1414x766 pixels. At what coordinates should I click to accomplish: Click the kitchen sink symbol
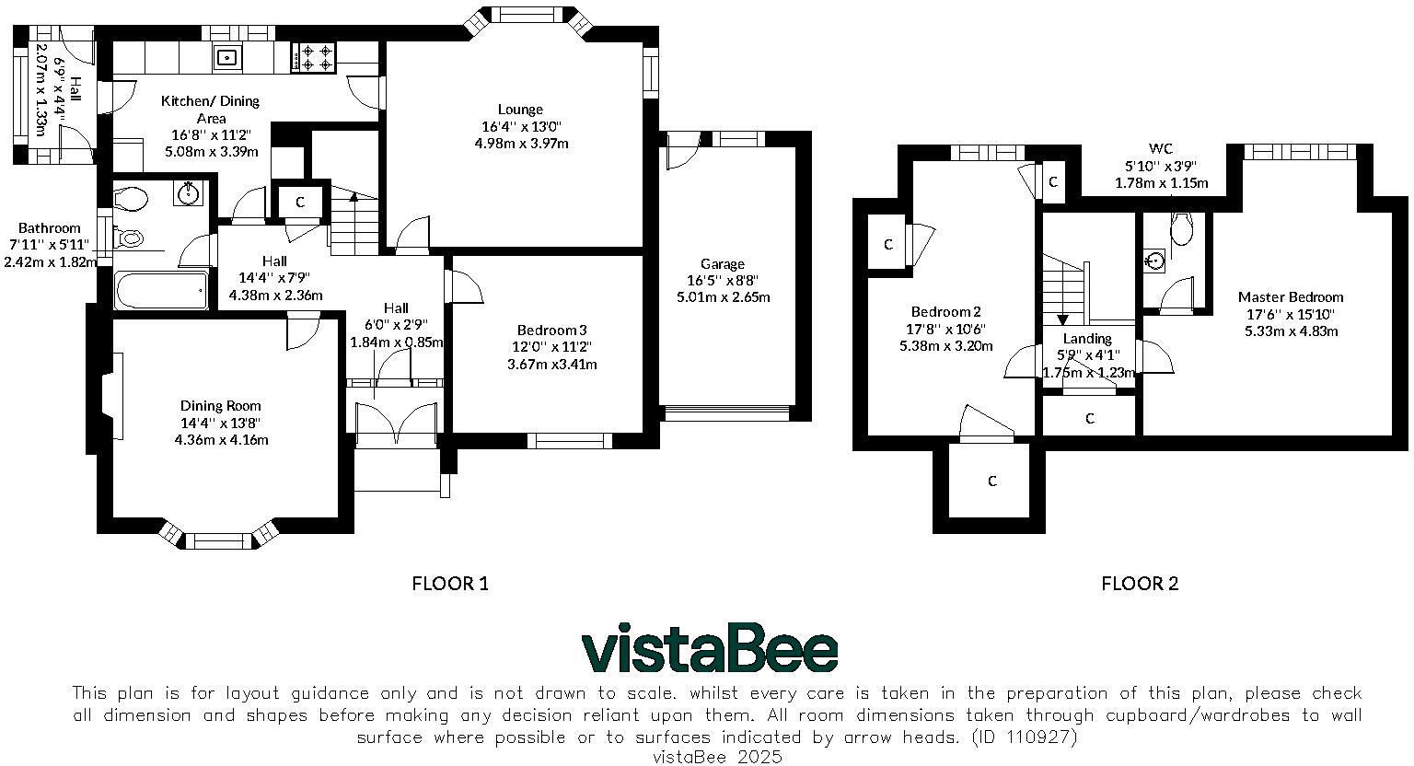tap(226, 58)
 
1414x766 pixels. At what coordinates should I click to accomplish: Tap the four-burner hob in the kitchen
tap(315, 58)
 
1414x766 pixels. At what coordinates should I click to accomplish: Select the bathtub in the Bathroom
tap(160, 292)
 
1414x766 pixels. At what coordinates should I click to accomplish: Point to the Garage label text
tap(722, 264)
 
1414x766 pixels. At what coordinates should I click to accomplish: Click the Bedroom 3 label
tap(551, 331)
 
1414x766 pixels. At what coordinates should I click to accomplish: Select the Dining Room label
tap(220, 406)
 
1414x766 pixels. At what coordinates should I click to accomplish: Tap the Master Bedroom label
tap(1290, 297)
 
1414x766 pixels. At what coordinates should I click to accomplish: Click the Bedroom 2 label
tap(945, 312)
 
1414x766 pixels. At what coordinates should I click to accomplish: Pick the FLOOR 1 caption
tap(449, 584)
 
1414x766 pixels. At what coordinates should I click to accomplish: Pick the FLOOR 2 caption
tap(1140, 584)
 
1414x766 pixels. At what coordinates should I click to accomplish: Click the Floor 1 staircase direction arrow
tap(353, 196)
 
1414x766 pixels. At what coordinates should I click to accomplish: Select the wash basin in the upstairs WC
tap(1155, 261)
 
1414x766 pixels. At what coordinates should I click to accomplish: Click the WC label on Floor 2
tap(1160, 149)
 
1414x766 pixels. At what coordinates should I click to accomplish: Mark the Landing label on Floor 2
tap(1087, 339)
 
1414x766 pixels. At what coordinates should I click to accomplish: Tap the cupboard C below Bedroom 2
tap(991, 481)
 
